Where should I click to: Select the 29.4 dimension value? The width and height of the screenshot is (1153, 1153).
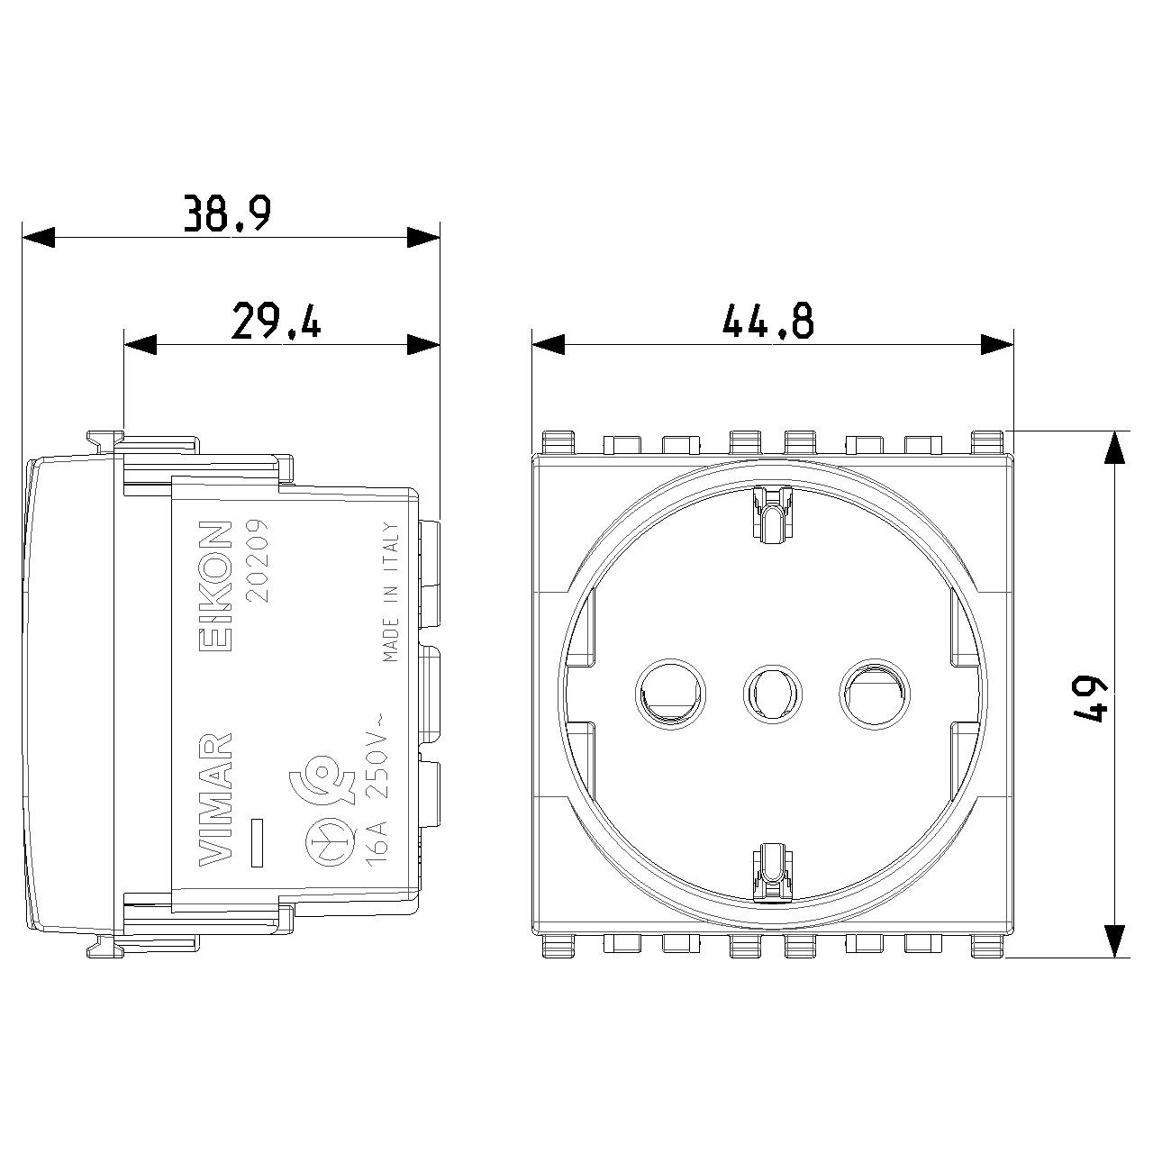(276, 322)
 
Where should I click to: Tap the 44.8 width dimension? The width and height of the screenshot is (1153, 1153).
(767, 322)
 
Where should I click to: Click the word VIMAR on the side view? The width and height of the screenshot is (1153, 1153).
(215, 798)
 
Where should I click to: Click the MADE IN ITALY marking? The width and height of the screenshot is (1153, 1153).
(391, 591)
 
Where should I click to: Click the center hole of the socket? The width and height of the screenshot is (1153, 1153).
(772, 694)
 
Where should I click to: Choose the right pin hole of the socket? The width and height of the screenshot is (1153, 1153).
(874, 694)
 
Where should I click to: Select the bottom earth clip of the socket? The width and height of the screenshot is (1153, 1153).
(772, 872)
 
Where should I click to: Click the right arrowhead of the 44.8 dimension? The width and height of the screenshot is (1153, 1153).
(996, 344)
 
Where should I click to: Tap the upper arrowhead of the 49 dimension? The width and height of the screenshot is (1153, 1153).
(1116, 448)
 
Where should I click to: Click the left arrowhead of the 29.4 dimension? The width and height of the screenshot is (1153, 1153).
(141, 344)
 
